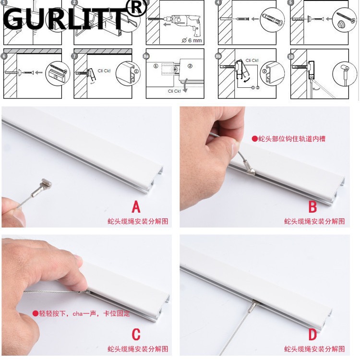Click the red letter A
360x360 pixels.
(x=137, y=207)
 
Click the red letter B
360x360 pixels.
(x=312, y=207)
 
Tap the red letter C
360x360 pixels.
(x=136, y=334)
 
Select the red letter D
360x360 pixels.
(x=312, y=334)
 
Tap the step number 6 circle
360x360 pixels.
(x=5, y=56)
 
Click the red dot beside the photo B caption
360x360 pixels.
(x=254, y=139)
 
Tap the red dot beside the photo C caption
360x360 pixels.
(x=35, y=313)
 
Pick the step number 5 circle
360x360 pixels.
(x=291, y=2)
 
